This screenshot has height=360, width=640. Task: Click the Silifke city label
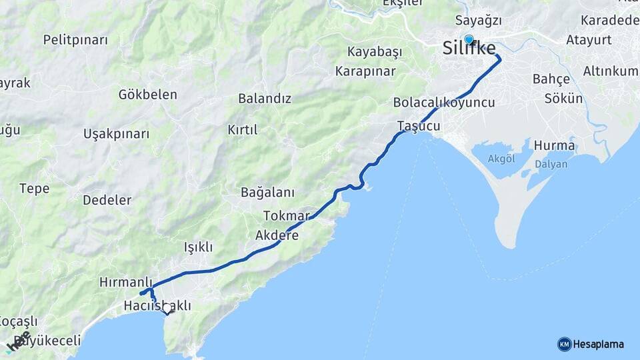coord(469,49)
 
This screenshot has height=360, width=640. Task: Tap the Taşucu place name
coord(419,126)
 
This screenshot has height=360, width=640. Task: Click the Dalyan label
coord(551,164)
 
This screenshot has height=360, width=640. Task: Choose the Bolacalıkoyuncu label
coord(444,103)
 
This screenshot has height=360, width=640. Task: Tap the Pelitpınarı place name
coord(75,40)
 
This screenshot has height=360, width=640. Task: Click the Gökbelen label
coord(147,95)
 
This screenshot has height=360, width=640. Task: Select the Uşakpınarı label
coord(117,134)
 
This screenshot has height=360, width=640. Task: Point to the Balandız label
coord(265,99)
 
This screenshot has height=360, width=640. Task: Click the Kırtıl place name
coord(242,129)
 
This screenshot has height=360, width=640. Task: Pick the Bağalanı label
coord(267,193)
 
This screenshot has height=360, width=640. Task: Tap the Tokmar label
coord(287,216)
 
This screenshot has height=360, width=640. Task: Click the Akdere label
coord(277,235)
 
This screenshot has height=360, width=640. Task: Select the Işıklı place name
coord(198,247)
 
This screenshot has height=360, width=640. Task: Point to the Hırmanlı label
coord(126,282)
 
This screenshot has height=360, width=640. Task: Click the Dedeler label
coord(107,200)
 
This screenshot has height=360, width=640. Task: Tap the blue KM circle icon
coord(564,344)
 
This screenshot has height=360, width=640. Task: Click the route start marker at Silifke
coord(469,39)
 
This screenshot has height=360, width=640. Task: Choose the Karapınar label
coord(365,71)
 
